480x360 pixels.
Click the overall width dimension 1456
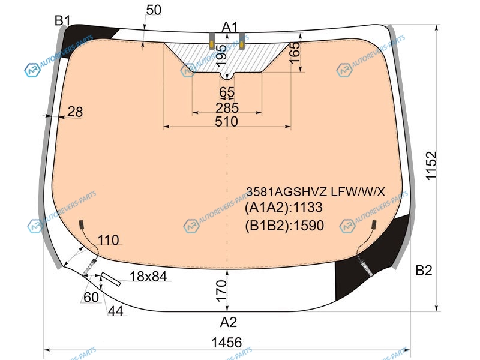(x=227, y=342)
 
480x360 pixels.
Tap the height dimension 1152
(x=431, y=166)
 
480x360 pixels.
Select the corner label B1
(x=62, y=21)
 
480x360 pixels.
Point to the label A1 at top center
(x=230, y=27)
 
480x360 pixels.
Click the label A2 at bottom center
(x=229, y=322)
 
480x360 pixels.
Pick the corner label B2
(x=424, y=271)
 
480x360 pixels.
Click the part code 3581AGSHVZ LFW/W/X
(x=316, y=192)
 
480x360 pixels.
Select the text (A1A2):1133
(x=284, y=208)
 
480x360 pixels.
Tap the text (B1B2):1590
(x=284, y=226)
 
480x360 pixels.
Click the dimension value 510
(x=227, y=122)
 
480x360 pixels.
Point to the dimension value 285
(x=227, y=108)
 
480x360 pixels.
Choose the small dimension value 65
(x=227, y=92)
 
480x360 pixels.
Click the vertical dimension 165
(x=295, y=53)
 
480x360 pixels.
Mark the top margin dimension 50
(x=154, y=10)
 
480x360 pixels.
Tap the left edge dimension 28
(x=75, y=112)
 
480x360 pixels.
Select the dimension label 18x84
(x=148, y=277)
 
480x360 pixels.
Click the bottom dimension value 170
(x=221, y=291)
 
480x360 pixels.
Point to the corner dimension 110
(x=109, y=240)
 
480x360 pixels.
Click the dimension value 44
(x=116, y=311)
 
